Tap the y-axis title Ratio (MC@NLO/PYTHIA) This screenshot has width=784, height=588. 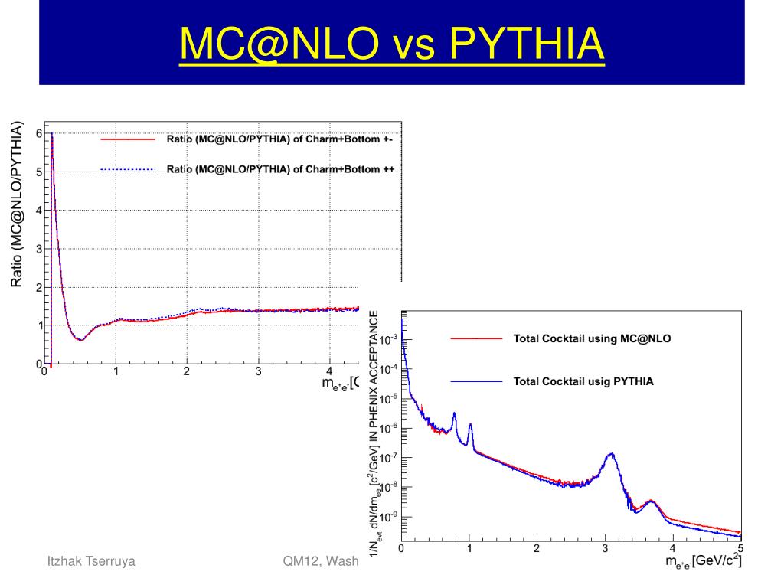pyautogui.click(x=17, y=205)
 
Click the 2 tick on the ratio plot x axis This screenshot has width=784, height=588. pyautogui.click(x=187, y=373)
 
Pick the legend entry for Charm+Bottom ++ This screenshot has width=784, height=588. pyautogui.click(x=280, y=169)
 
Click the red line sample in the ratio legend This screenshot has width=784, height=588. pyautogui.click(x=128, y=140)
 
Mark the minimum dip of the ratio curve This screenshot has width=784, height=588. pyautogui.click(x=80, y=339)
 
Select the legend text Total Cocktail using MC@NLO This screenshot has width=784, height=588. pyautogui.click(x=591, y=338)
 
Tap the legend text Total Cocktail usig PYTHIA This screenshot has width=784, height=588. pyautogui.click(x=583, y=381)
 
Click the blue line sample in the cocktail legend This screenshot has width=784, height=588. pyautogui.click(x=477, y=381)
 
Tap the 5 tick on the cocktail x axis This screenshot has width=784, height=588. pyautogui.click(x=740, y=548)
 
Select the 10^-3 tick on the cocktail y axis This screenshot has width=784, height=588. pyautogui.click(x=388, y=339)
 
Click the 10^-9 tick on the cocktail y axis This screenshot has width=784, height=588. pyautogui.click(x=388, y=518)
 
